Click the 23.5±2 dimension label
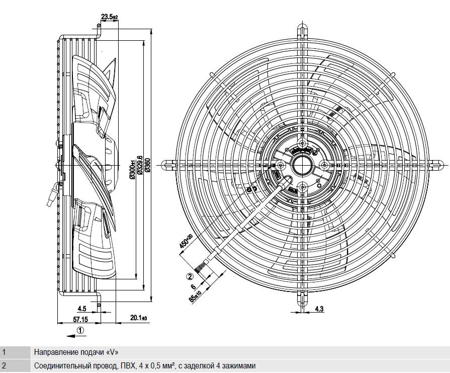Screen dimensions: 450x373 pos(109,17)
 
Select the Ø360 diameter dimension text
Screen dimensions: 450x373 pos(148,165)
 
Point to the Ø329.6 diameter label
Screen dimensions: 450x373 pos(140,165)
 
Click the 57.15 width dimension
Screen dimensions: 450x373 pos(80,319)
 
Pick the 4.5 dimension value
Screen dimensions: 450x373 pos(82,309)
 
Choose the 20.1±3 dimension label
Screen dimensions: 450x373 pos(139,318)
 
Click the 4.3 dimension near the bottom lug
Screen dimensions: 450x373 pos(319,309)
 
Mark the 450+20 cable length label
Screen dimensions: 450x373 pos(186,241)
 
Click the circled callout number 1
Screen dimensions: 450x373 pos(81,330)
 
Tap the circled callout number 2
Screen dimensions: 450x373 pos(190,276)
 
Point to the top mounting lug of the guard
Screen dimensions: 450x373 pos(303,30)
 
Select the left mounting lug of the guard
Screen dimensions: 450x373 pos(168,165)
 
